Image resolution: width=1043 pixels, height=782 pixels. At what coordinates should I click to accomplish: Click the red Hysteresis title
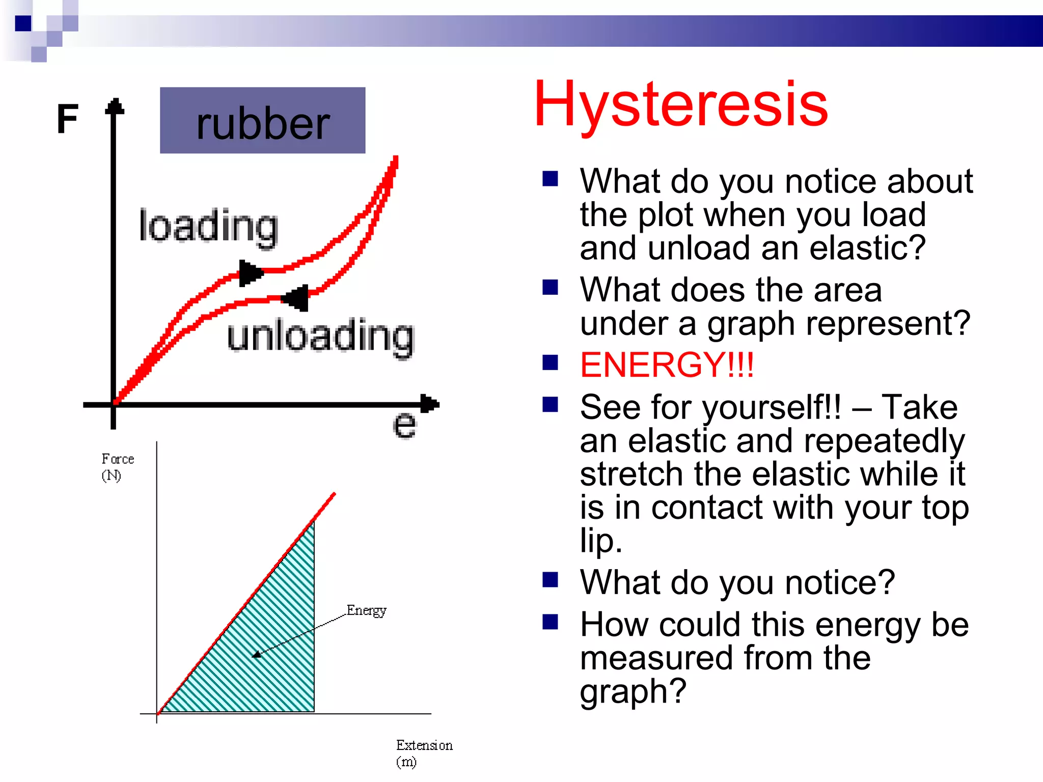pos(681,105)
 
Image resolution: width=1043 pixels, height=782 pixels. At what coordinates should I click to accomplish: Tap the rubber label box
pos(262,121)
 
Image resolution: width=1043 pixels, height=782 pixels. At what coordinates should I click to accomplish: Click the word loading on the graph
pos(209,227)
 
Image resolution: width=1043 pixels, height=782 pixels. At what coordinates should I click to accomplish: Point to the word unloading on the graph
pos(321,337)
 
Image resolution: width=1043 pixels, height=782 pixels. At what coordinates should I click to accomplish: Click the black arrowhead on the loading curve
pos(250,273)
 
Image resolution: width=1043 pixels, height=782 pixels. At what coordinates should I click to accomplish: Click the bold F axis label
pos(68,119)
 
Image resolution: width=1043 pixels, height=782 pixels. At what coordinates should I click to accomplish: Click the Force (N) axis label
pos(117,467)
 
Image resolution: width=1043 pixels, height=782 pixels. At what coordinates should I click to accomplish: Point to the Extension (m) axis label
pos(424,753)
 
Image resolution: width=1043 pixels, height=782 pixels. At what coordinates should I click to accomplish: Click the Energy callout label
pos(366,610)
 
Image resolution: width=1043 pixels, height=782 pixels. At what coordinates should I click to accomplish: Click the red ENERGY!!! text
pos(667,365)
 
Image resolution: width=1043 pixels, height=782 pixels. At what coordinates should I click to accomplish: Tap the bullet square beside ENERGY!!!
pos(550,362)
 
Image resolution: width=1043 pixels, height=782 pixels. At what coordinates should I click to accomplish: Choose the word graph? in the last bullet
pos(633,691)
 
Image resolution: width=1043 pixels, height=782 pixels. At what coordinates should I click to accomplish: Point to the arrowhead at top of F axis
pos(115,105)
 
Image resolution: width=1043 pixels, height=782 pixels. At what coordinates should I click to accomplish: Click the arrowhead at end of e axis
pos(430,404)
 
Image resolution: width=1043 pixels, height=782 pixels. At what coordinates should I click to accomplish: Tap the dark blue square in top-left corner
pos(23,23)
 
